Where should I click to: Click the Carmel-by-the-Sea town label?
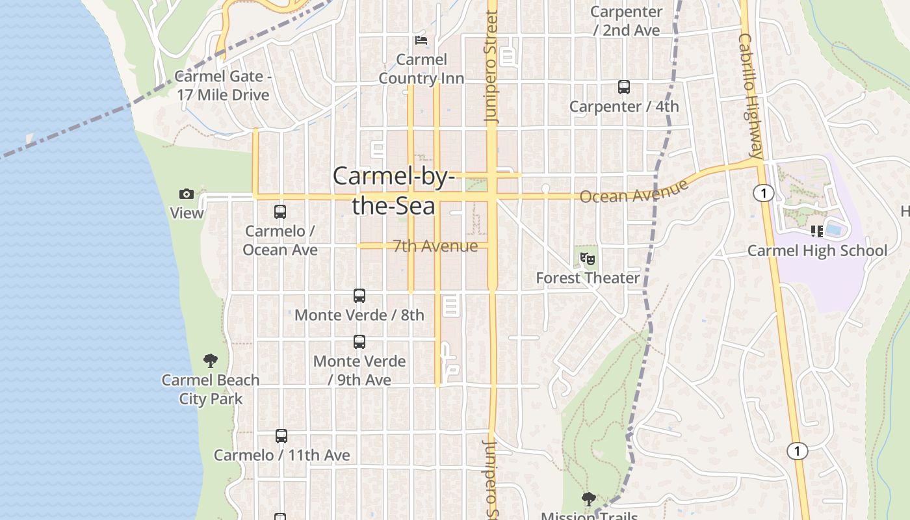tap(393, 190)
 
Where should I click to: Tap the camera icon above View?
tap(187, 194)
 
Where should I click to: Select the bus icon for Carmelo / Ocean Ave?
tap(280, 212)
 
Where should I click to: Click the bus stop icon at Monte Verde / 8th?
tap(359, 296)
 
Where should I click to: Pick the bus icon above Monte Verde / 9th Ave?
tap(359, 342)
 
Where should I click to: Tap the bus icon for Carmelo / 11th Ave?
tap(281, 436)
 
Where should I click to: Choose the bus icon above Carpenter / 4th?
tap(624, 87)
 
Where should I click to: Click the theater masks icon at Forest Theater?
tap(588, 259)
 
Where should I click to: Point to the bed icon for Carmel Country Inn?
tap(421, 40)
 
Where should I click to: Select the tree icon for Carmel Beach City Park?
tap(210, 361)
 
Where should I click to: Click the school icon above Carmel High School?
tap(817, 231)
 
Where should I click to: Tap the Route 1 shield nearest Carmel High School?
tap(764, 193)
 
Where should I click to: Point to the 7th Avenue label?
tap(435, 246)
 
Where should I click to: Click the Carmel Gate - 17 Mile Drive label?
tap(222, 86)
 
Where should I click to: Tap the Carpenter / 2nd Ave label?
tap(627, 21)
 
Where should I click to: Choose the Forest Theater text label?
tap(588, 278)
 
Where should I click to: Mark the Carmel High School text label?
tap(817, 251)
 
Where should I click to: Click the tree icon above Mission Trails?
tap(589, 499)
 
